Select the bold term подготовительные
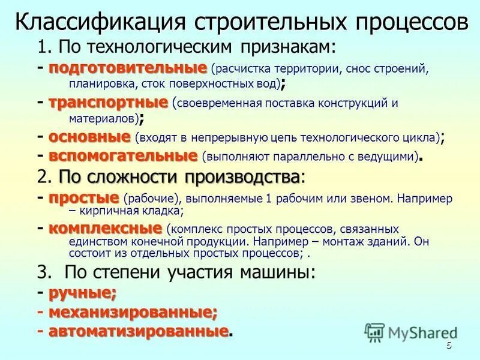coord(127,67)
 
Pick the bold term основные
coord(89,137)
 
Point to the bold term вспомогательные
coord(123,157)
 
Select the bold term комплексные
coord(105,229)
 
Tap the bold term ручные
coord(82,293)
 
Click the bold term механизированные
coord(132,312)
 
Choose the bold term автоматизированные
coord(138,331)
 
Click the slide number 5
coord(449,347)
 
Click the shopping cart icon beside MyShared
coord(374,332)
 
